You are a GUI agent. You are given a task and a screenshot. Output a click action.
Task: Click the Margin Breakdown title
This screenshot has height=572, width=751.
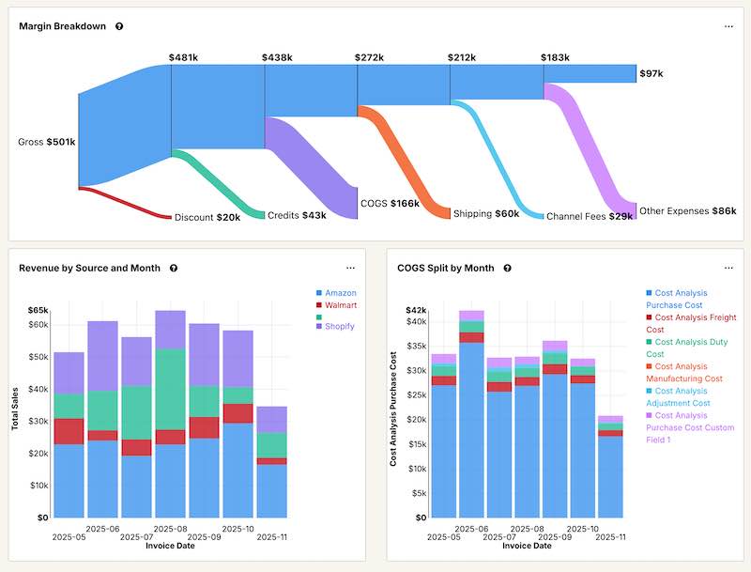[x=63, y=26]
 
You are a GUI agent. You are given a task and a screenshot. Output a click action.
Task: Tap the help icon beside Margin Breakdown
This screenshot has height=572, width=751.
[x=119, y=26]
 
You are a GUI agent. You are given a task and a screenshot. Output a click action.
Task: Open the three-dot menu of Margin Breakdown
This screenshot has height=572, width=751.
[x=728, y=26]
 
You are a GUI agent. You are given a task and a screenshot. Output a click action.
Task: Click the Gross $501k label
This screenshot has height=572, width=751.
[x=47, y=143]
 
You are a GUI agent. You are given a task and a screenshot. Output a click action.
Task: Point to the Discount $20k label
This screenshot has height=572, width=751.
[x=207, y=217]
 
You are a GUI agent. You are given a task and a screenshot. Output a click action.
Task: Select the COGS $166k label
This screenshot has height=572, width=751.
[x=390, y=203]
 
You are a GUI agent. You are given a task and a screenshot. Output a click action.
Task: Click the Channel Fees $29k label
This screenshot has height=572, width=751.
[x=589, y=215]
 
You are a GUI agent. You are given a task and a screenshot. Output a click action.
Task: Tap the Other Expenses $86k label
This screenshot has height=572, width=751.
[x=687, y=211]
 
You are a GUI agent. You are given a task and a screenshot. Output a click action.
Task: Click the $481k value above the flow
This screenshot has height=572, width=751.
[x=183, y=57]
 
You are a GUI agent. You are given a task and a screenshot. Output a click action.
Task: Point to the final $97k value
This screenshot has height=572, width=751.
[x=651, y=73]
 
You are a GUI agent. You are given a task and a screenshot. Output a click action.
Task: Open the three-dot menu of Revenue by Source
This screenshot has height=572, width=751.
[x=350, y=268]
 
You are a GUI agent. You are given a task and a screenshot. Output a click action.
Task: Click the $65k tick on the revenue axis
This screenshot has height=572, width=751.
[x=38, y=310]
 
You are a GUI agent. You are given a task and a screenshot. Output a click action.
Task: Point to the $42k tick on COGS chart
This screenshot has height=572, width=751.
[x=416, y=310]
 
